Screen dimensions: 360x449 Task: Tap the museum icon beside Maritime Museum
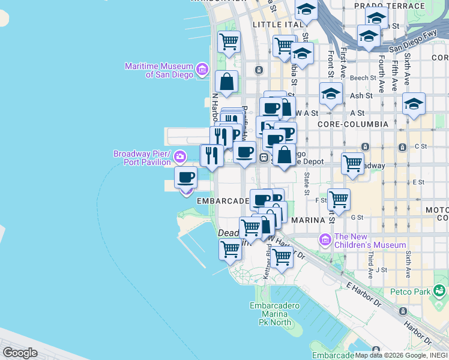click(202, 71)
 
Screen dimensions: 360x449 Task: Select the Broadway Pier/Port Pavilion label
click(142, 158)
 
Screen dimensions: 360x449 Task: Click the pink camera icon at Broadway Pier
click(180, 158)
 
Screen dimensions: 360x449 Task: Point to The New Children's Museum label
click(370, 241)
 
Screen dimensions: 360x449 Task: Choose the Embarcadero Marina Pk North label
click(274, 314)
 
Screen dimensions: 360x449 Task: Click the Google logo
click(20, 352)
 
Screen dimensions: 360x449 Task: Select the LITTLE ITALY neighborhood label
click(276, 25)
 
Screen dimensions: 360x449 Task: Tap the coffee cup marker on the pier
click(186, 178)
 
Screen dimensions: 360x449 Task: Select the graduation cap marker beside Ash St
click(331, 94)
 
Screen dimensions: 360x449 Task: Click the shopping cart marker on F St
click(339, 199)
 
